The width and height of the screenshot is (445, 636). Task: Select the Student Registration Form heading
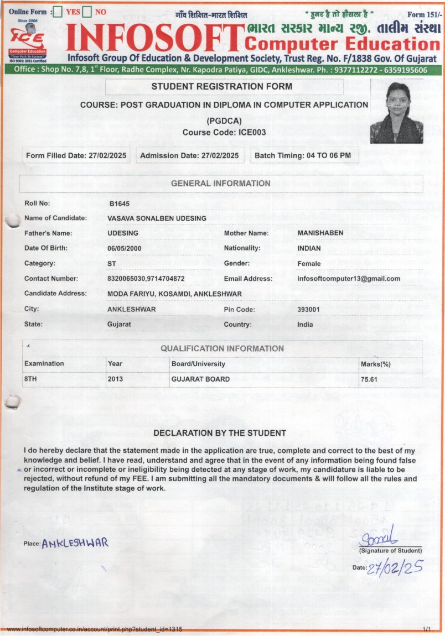[221, 87]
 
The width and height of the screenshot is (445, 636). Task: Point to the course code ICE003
[224, 132]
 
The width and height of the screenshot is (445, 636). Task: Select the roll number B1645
[119, 204]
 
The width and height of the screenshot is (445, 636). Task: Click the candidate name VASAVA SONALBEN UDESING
[157, 218]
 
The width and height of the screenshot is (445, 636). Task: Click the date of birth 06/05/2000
[125, 248]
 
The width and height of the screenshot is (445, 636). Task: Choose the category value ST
[111, 264]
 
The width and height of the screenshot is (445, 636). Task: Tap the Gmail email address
[348, 279]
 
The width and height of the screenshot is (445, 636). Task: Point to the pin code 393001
[308, 309]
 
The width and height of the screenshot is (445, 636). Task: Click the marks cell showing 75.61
[369, 379]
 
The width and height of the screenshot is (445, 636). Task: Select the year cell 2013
[115, 379]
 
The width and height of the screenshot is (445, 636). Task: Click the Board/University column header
[198, 364]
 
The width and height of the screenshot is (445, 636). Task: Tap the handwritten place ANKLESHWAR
[75, 543]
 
